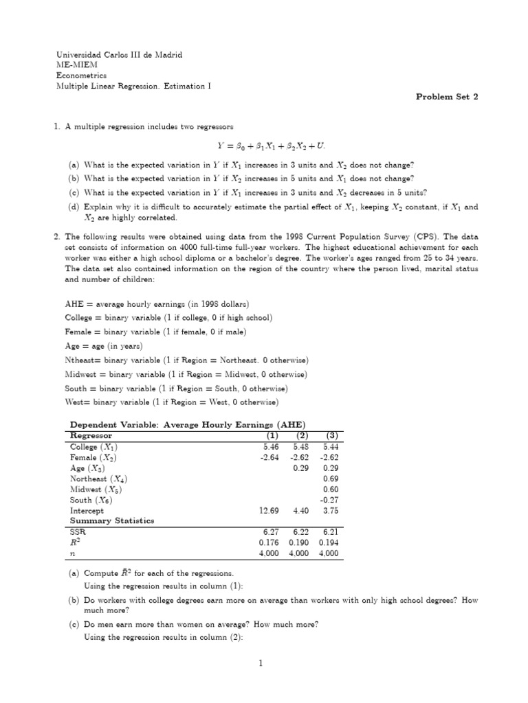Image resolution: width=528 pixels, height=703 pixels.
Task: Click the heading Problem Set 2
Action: click(x=446, y=97)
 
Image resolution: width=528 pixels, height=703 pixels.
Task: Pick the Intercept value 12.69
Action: click(x=268, y=511)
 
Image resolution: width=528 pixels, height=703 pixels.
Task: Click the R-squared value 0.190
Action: click(x=300, y=542)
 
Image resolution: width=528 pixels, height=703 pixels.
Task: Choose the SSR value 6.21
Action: click(x=331, y=531)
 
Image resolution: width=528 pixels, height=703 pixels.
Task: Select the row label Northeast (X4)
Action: click(x=99, y=479)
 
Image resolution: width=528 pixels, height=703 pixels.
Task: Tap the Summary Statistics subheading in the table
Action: click(x=112, y=521)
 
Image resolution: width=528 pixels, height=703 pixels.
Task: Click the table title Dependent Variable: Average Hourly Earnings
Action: click(x=186, y=425)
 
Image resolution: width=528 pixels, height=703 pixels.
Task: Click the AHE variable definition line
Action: click(x=157, y=304)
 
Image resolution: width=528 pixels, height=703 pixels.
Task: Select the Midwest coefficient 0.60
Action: click(x=331, y=489)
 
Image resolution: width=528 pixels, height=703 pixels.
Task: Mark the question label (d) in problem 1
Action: click(x=73, y=207)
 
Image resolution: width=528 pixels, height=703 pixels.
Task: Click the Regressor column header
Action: click(x=91, y=435)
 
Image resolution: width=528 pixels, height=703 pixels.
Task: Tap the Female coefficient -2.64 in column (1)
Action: click(x=269, y=457)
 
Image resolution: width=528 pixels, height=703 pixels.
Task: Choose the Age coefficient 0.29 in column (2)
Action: click(x=300, y=468)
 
